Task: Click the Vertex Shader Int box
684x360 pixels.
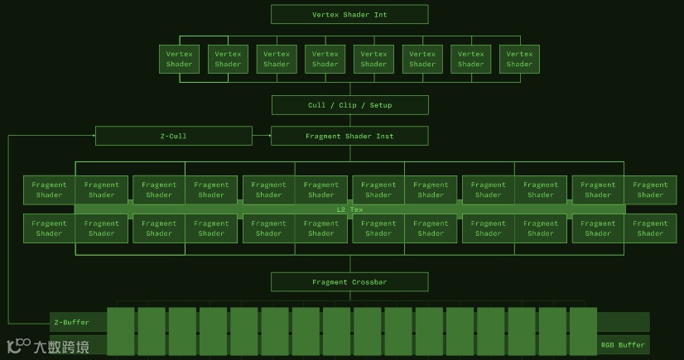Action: [349, 14]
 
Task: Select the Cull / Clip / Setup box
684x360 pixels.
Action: [349, 105]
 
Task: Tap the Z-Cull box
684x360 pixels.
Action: [174, 136]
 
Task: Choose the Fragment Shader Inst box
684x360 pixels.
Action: [349, 136]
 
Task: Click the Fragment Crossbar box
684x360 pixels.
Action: [349, 282]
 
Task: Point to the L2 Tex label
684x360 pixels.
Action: [349, 209]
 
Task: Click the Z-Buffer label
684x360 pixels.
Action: [70, 322]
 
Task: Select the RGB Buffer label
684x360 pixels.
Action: [622, 345]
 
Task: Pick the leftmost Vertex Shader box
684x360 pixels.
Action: [179, 59]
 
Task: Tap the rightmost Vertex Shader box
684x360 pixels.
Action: [519, 59]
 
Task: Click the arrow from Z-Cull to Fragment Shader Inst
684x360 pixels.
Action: [262, 136]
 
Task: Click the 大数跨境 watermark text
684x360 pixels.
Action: [61, 347]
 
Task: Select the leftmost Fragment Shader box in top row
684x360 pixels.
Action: [49, 190]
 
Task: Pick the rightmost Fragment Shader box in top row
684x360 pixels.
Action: [650, 190]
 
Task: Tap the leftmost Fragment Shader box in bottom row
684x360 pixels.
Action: [49, 228]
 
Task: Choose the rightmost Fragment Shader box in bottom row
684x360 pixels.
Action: [650, 228]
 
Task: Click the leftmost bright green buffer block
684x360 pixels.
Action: [121, 331]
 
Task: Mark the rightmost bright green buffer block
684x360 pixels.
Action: [583, 331]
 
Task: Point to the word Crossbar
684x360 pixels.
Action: [368, 282]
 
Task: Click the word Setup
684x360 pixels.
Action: [381, 105]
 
